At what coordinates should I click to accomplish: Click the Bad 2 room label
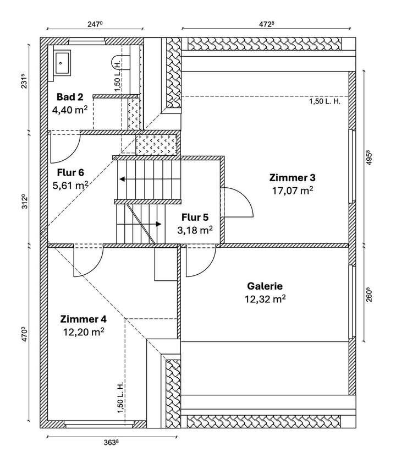point(70,97)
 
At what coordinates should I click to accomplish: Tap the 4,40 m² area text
point(70,110)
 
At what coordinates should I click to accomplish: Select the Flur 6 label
point(70,172)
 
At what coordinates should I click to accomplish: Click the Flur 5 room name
point(195,218)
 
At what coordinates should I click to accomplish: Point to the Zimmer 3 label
point(292,178)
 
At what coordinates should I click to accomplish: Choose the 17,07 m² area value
point(292,191)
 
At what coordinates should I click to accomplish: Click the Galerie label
point(265,286)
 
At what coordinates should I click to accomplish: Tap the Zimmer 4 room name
point(83,319)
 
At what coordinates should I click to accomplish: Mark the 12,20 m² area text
point(84,332)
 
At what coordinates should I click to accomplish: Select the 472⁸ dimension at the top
point(266,24)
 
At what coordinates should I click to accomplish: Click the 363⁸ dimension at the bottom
point(112,442)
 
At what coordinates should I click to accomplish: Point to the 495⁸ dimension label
point(369,157)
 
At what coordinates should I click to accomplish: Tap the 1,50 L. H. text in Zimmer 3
point(324,102)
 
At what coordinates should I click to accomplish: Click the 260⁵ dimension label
point(369,295)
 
